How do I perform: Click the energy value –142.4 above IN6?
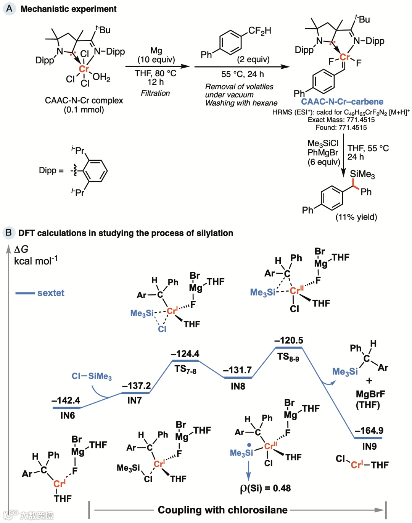pos(66,400)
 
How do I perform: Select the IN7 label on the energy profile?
pos(134,400)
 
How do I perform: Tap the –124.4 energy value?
pos(185,354)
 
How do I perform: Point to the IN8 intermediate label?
pos(238,386)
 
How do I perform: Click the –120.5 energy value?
pos(288,340)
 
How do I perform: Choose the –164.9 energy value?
pos(369,431)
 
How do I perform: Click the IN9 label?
pos(369,446)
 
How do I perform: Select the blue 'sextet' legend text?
pos(51,293)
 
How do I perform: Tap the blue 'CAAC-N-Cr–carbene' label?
pos(342,102)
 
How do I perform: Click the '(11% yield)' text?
pos(356,217)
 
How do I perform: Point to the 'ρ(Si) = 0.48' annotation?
pos(265,488)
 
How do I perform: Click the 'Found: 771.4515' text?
pos(341,128)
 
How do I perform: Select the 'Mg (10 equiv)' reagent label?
pos(156,55)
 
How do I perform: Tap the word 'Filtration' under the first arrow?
pos(155,93)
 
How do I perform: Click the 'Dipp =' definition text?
pos(51,170)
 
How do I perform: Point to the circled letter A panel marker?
pos(9,8)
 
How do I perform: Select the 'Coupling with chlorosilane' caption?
pos(223,510)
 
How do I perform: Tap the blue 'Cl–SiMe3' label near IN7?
pos(92,376)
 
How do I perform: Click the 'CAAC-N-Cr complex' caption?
pos(84,100)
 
